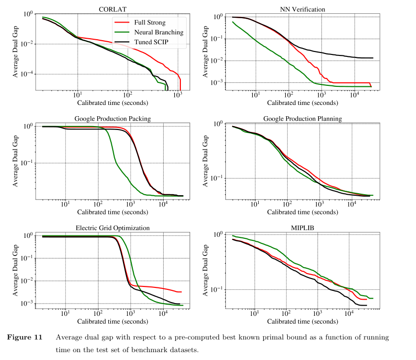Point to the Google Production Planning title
(x=302, y=119)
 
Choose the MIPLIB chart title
(x=302, y=228)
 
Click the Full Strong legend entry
(x=150, y=23)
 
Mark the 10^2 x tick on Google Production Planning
(x=287, y=204)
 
